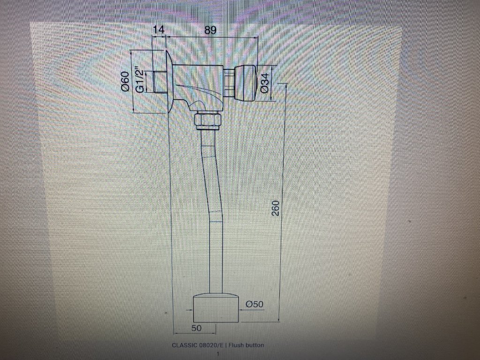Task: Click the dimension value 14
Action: coord(159,30)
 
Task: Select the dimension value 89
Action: coord(210,30)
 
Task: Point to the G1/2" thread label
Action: coord(139,81)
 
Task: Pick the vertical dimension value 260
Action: coord(276,208)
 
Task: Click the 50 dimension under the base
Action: coord(196,328)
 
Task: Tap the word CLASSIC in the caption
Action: coord(185,345)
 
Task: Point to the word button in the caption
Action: coord(255,345)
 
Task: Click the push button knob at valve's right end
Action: coord(245,83)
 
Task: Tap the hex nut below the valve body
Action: coord(207,120)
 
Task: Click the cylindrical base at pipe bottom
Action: coord(216,308)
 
